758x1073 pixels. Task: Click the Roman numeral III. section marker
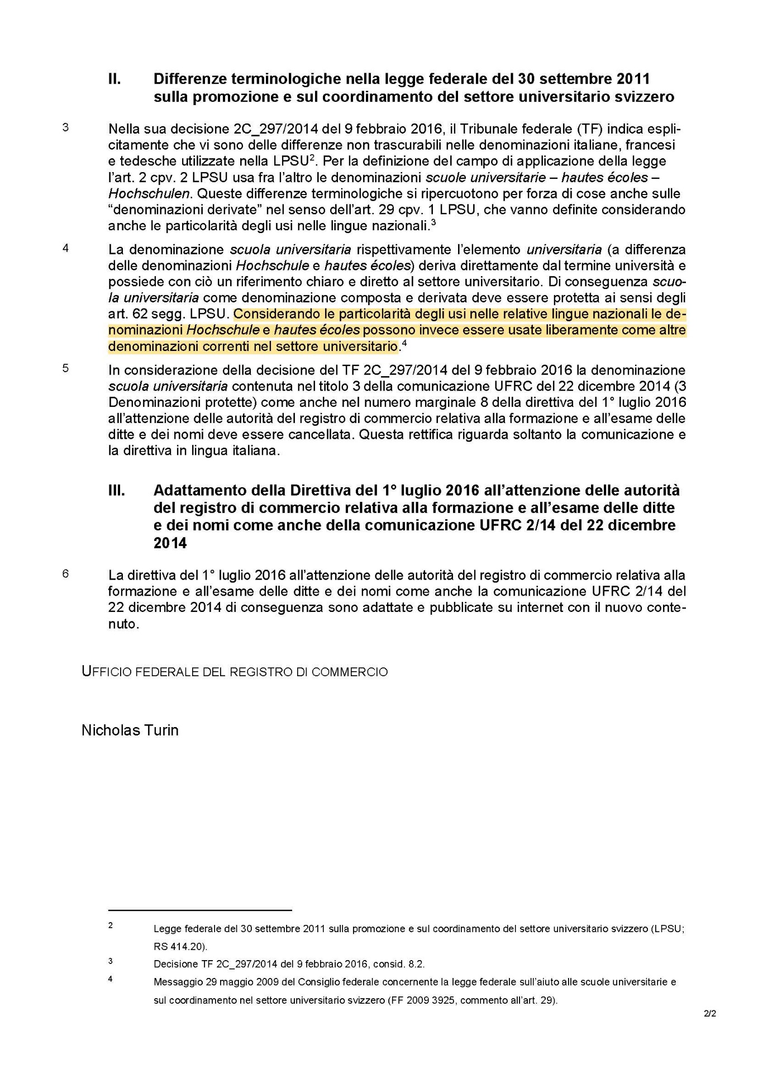(116, 491)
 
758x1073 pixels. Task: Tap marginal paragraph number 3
(65, 127)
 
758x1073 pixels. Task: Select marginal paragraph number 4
(65, 248)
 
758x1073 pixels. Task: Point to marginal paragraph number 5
(65, 369)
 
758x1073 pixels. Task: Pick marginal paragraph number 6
(65, 573)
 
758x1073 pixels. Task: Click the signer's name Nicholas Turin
(130, 730)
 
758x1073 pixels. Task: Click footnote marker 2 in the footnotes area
(111, 925)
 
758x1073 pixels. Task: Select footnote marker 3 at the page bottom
(111, 961)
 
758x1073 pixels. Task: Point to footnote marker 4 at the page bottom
(111, 979)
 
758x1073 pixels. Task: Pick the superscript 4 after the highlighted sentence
(404, 344)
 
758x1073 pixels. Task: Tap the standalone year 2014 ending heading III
(170, 543)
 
